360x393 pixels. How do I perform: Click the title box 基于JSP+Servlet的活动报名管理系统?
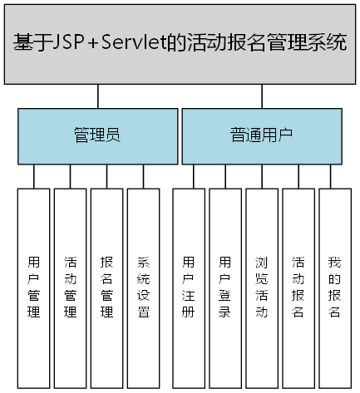tap(180, 43)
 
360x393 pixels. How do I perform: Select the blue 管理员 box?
tap(98, 136)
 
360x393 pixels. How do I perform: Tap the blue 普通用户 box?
tap(261, 136)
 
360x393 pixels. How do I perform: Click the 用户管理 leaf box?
tap(33, 287)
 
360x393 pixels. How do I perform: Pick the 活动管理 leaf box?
tap(70, 287)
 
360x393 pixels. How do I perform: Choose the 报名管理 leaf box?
tap(106, 287)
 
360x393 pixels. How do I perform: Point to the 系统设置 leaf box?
tap(143, 287)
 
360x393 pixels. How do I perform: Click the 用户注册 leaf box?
tap(189, 287)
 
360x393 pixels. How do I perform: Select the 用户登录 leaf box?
tap(225, 287)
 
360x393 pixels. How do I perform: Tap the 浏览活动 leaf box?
tap(262, 287)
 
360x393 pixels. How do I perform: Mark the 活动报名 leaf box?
tap(298, 287)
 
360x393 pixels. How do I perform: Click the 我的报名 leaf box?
tap(335, 287)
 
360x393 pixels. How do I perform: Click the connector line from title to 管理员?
tap(98, 96)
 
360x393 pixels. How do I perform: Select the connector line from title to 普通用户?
tap(261, 96)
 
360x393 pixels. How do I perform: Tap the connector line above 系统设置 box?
tap(143, 176)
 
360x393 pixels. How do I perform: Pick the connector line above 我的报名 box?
tap(335, 176)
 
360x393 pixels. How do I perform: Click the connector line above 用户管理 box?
tap(34, 176)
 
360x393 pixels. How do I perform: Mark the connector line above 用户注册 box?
tap(194, 176)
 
